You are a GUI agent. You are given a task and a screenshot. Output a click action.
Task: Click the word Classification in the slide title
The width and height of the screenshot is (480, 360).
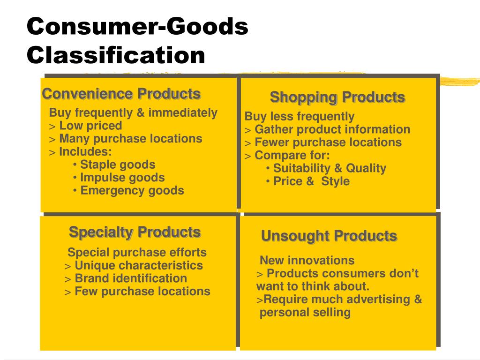pos(116,55)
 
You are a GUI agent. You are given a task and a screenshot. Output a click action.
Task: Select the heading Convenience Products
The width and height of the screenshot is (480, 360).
pos(121,94)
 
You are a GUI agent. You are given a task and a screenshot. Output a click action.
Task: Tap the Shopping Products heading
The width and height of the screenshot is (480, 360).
pos(337,97)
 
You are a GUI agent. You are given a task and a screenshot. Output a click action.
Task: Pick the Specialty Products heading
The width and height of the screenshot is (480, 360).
pos(135,232)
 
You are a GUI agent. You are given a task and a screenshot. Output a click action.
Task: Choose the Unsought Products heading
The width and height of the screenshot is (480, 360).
pos(329,236)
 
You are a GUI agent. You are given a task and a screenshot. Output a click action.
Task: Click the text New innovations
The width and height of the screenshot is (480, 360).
pos(307,261)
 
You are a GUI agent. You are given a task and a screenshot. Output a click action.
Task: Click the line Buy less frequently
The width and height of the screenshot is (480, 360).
pos(300,116)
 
